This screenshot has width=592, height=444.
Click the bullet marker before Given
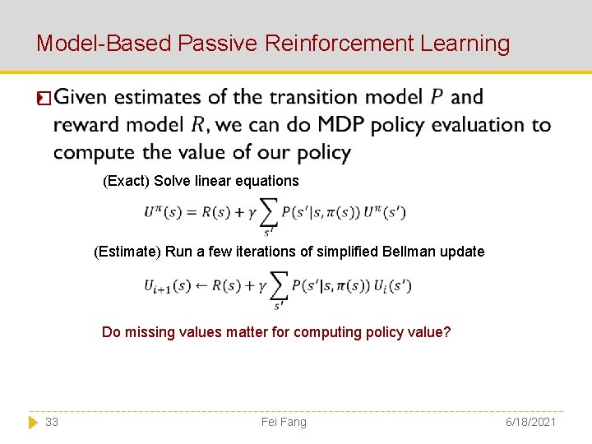point(44,99)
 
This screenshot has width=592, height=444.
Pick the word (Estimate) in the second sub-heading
point(127,252)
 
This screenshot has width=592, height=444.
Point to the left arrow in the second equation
point(200,286)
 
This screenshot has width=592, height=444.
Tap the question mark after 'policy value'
point(447,332)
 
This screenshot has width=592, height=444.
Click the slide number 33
point(52,422)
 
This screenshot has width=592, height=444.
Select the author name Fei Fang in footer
point(284,422)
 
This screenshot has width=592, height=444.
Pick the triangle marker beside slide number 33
point(33,422)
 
